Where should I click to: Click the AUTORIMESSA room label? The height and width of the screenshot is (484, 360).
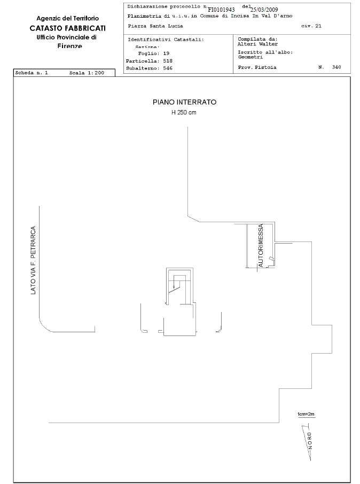tap(261, 245)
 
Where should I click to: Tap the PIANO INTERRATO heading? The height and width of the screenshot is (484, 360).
tap(185, 102)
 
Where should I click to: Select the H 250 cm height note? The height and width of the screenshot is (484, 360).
tap(184, 113)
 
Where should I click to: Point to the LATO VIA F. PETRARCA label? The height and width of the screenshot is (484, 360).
tap(33, 260)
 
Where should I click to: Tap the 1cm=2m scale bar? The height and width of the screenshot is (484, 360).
tap(306, 416)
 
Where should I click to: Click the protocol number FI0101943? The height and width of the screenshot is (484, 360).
tap(221, 10)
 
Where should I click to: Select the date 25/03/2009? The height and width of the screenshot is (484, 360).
tap(264, 10)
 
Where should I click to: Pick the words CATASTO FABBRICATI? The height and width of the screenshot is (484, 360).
tap(68, 28)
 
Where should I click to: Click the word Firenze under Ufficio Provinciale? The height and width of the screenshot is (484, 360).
tap(70, 46)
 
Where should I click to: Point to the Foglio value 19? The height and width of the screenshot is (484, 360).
tap(166, 53)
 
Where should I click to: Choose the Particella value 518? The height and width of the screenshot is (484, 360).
tap(168, 61)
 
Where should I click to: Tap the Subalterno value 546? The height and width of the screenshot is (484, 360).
tap(168, 68)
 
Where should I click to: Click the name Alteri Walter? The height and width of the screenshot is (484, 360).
tap(257, 44)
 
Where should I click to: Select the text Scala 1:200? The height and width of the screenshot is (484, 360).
tap(87, 73)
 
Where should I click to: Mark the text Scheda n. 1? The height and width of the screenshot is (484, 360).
tap(32, 73)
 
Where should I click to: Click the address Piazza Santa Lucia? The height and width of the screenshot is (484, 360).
tap(155, 26)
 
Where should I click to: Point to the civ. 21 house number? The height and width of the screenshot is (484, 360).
tap(311, 26)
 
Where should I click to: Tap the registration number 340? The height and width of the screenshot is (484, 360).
tap(336, 67)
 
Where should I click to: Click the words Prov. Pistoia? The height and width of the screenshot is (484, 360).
tap(257, 67)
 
